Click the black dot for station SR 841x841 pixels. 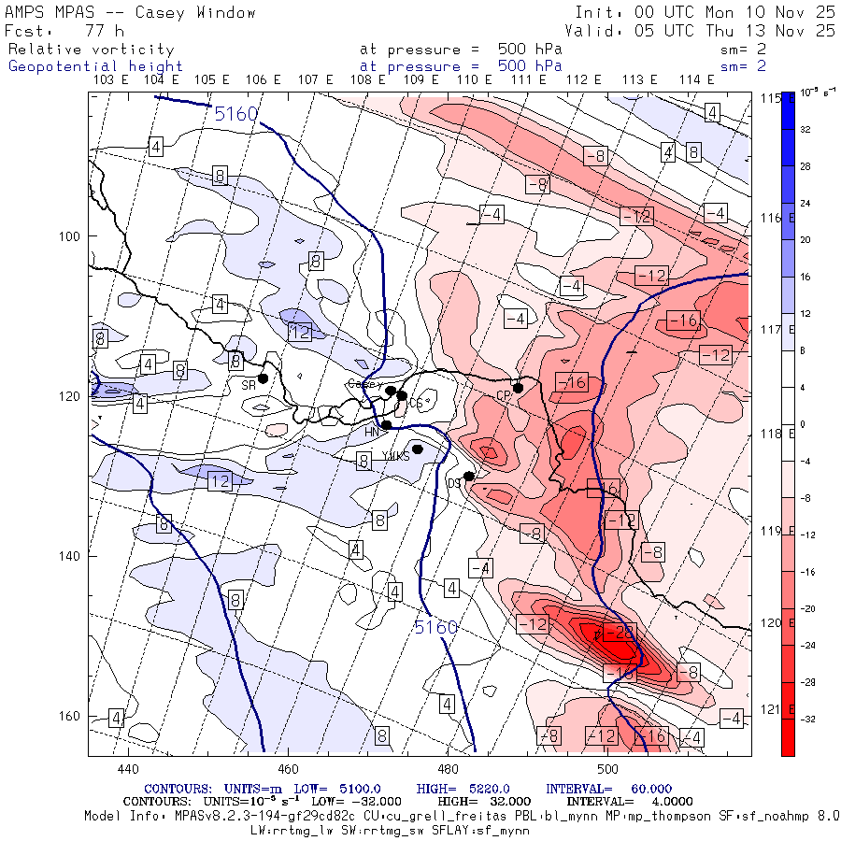tap(264, 378)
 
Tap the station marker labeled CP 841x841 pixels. tap(518, 388)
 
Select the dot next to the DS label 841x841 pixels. tap(469, 477)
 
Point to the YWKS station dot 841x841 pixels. tap(418, 449)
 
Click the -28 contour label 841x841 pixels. tap(623, 634)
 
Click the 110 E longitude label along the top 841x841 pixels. tap(467, 80)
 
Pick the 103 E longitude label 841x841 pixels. tap(111, 80)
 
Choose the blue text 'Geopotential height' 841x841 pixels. tap(95, 66)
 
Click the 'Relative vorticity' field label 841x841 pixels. tap(91, 50)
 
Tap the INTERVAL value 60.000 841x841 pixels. tap(644, 789)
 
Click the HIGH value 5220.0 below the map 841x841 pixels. tap(482, 789)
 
